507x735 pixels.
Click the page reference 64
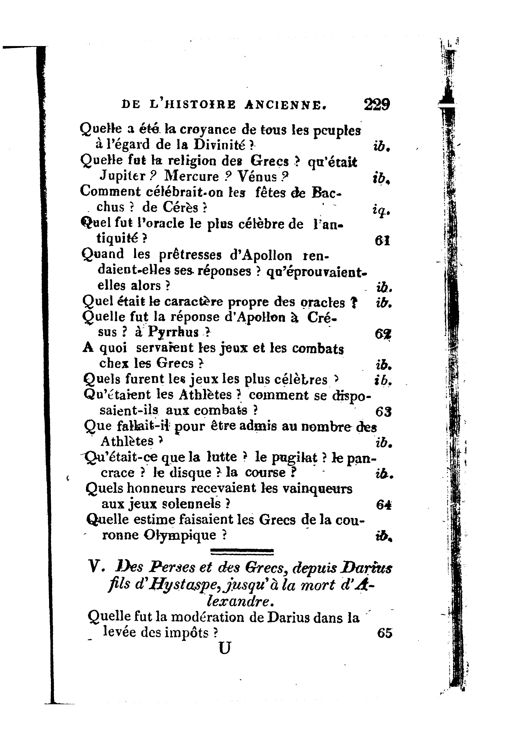[x=383, y=505]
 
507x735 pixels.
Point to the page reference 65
[x=385, y=633]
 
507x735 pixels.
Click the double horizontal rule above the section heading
[x=242, y=552]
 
